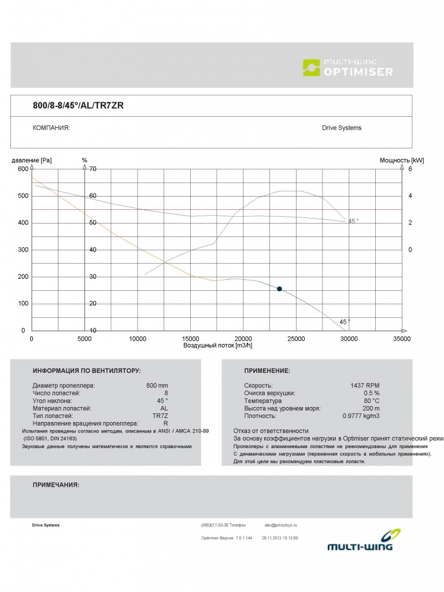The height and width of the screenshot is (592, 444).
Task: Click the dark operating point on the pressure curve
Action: click(279, 288)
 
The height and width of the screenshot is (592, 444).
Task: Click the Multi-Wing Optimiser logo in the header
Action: click(348, 67)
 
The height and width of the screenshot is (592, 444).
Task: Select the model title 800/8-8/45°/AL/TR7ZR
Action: click(78, 105)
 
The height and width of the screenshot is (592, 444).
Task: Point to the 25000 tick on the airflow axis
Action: click(296, 339)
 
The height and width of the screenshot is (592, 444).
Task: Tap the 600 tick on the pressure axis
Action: click(23, 169)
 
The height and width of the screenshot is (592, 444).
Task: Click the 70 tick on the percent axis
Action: click(92, 169)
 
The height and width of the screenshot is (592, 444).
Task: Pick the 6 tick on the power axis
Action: click(410, 169)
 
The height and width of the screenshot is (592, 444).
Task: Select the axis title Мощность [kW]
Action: click(402, 160)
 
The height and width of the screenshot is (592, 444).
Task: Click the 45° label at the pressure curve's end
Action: click(345, 321)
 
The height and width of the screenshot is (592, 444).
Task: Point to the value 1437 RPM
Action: click(365, 385)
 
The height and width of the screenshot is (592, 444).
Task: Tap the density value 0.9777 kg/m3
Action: click(361, 416)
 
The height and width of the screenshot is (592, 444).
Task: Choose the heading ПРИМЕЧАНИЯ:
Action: click(56, 484)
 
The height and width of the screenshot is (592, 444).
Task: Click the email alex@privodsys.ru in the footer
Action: click(280, 525)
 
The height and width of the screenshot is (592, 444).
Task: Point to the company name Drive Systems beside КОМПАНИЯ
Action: click(342, 128)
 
